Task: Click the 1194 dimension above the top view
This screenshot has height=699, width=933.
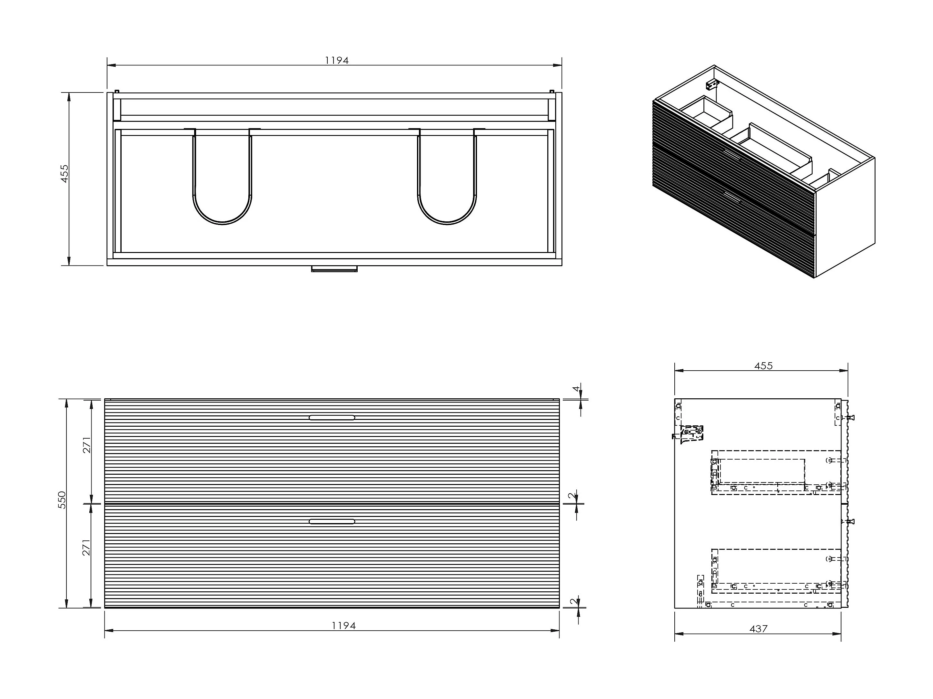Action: pos(337,60)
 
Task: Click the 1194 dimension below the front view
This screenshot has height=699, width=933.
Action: pos(344,626)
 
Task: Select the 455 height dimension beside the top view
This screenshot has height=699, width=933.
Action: pos(65,173)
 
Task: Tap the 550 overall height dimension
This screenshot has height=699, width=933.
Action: pos(62,500)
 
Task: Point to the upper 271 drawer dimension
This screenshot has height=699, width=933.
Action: pos(86,445)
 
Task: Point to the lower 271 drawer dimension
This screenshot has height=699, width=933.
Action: pos(86,547)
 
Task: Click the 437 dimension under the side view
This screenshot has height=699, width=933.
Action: pos(759,629)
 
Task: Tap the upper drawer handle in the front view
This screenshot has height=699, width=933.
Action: pos(332,418)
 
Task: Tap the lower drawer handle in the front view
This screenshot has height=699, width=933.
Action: pos(332,521)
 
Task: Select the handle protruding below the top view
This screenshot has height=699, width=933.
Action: pos(334,268)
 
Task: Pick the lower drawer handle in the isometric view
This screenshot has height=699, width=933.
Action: pos(732,197)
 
